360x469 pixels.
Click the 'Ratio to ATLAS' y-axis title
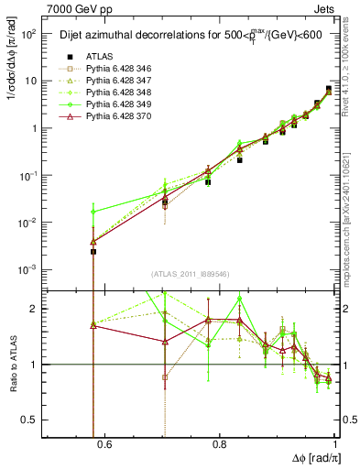click(x=12, y=364)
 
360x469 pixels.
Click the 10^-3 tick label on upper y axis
click(x=28, y=269)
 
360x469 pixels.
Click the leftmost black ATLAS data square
click(x=93, y=251)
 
